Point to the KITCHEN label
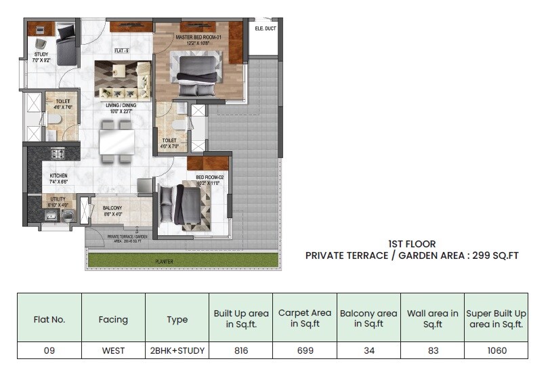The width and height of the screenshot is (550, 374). (58, 175)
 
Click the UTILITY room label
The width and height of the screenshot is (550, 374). (58, 199)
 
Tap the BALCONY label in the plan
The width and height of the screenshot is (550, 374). (112, 208)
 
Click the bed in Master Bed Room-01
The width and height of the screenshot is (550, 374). (197, 75)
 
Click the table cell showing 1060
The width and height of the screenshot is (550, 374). (496, 350)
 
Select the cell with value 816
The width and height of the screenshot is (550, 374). (240, 350)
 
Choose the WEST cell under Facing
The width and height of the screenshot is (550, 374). (112, 350)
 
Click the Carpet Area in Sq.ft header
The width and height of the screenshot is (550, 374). (304, 318)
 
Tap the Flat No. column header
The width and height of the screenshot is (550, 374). (49, 319)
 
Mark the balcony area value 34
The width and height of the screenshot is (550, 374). (368, 350)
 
